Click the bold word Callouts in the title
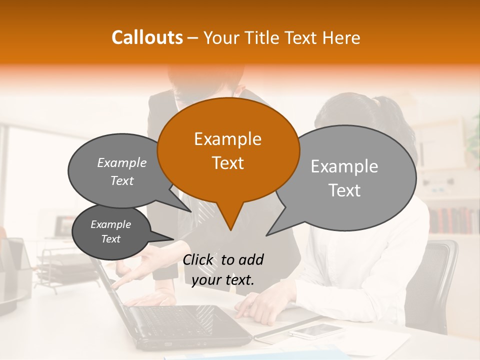coord(147,37)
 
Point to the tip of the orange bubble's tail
coord(230,230)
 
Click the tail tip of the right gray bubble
coord(266,235)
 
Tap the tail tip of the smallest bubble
coord(173,238)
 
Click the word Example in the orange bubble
coord(227,139)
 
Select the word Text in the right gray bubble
coord(344,190)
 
